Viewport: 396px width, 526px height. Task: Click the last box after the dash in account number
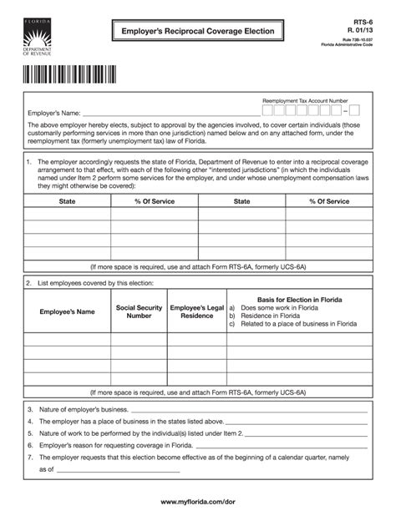[354, 110]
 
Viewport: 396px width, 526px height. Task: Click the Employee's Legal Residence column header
[197, 311]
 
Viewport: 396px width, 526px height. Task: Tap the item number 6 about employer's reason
[30, 446]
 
